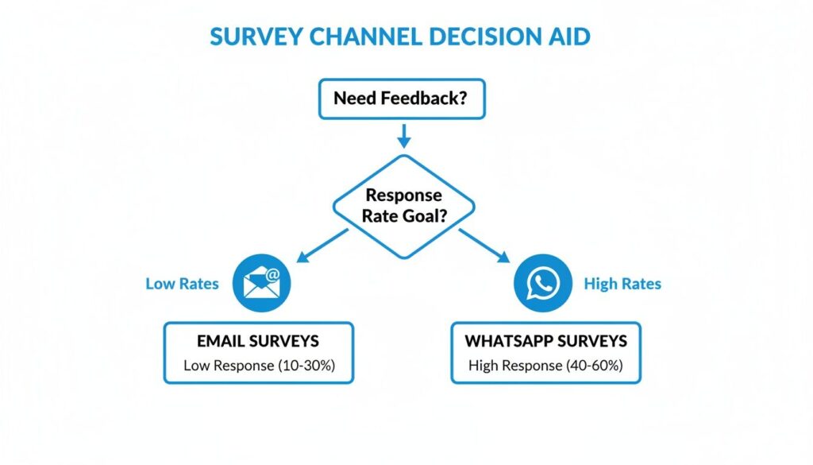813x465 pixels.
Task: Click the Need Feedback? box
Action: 403,99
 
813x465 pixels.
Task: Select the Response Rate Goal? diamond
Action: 403,205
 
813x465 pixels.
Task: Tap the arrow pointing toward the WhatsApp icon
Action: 485,246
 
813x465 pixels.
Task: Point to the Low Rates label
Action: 182,284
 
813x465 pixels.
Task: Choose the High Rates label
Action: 622,284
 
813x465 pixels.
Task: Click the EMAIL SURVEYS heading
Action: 258,341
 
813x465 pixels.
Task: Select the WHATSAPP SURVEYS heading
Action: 545,341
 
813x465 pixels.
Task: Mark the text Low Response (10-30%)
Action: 258,366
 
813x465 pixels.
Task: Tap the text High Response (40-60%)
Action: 545,366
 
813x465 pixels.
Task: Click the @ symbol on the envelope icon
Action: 272,275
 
